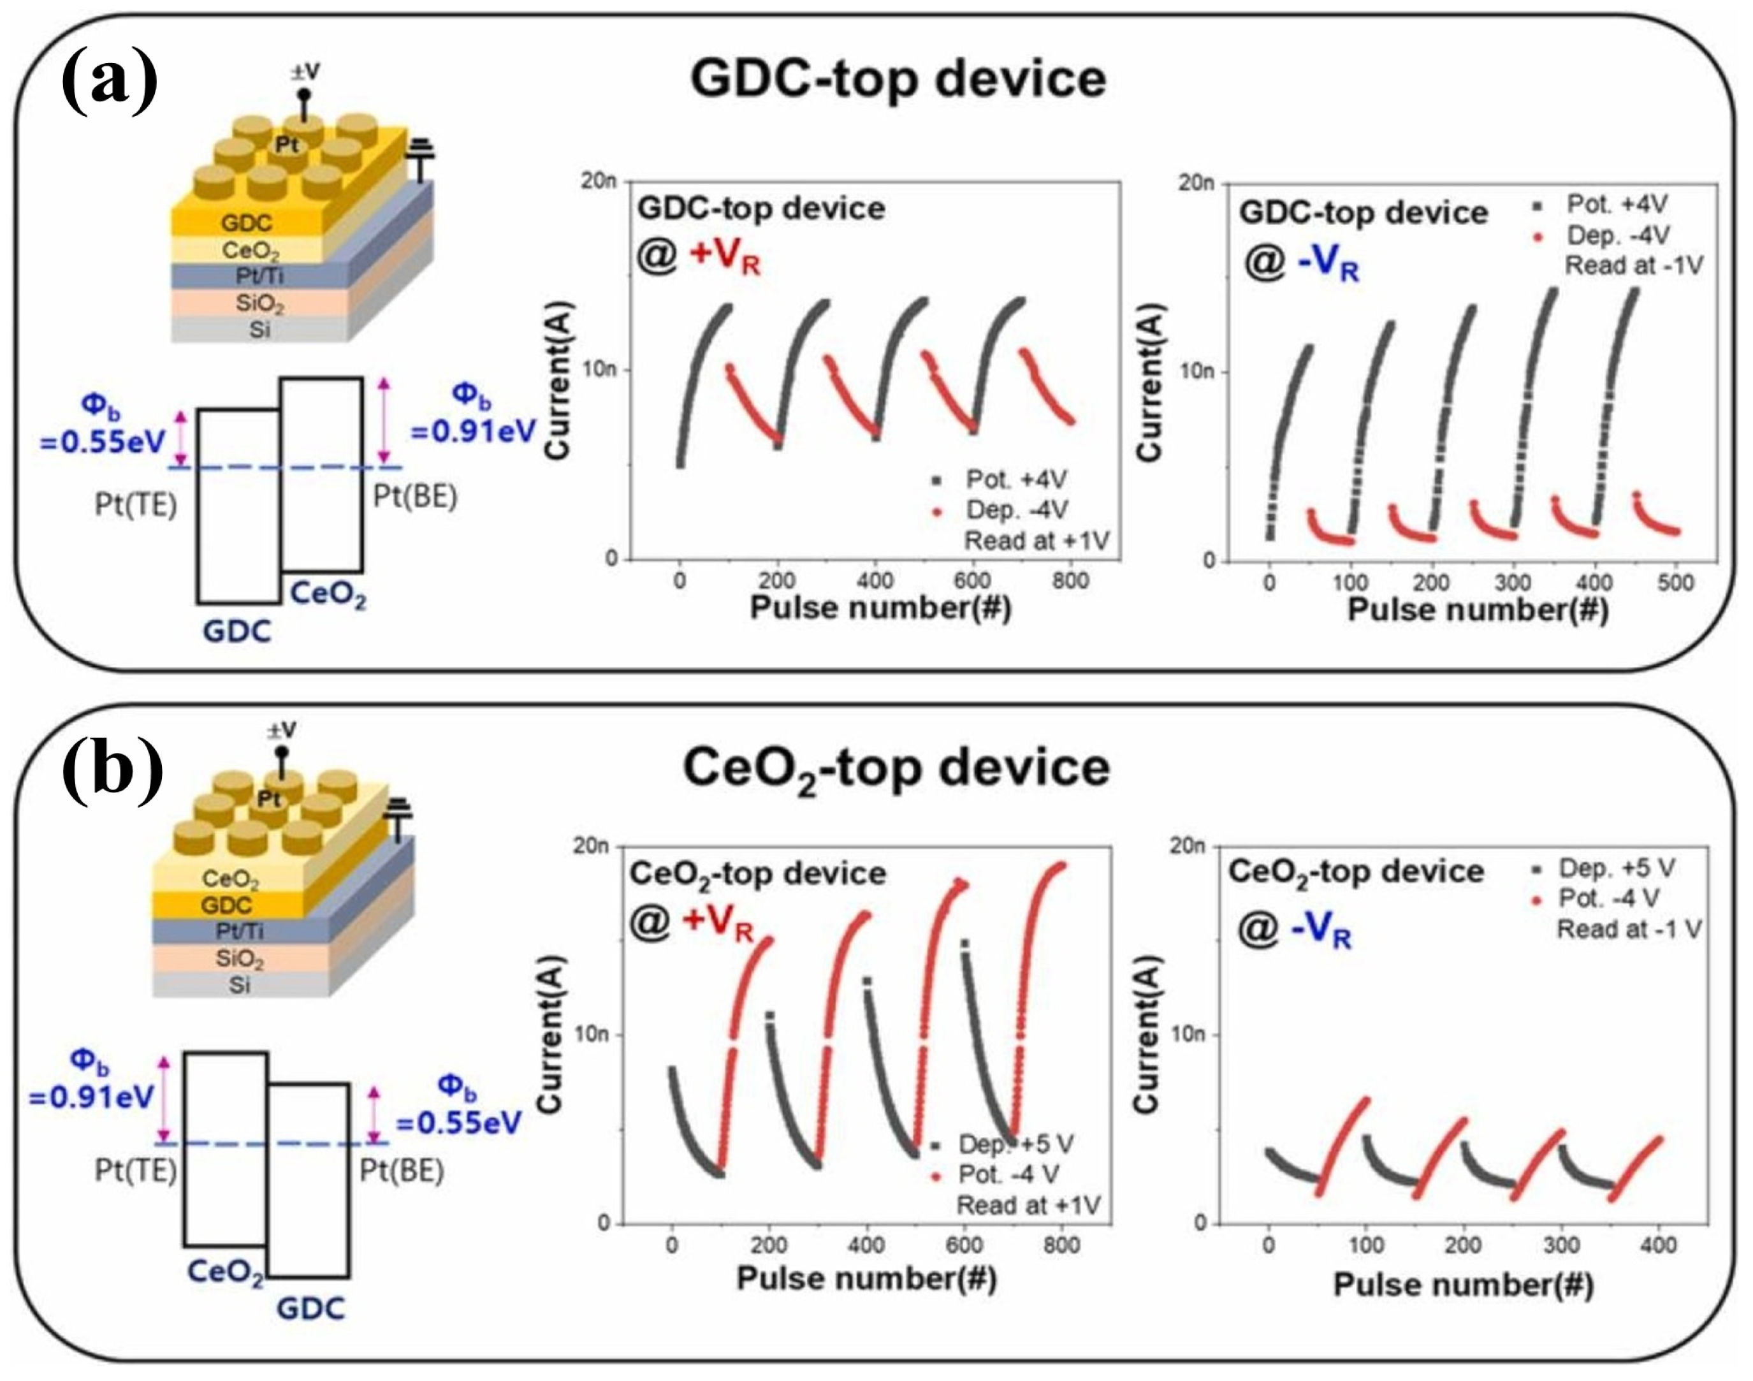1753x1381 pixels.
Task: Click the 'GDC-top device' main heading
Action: [x=897, y=79]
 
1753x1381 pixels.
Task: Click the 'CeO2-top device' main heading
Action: [x=896, y=768]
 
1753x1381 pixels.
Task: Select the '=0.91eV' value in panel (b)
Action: [x=91, y=1097]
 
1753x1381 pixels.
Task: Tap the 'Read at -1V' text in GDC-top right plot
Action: [x=1633, y=265]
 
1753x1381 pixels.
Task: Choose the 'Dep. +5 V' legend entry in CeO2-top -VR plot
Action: [x=1615, y=868]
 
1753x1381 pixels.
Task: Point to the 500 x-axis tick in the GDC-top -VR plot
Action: [x=1675, y=583]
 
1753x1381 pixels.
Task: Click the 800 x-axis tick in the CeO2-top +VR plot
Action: [x=1061, y=1245]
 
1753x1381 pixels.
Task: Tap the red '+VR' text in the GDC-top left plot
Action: [x=725, y=259]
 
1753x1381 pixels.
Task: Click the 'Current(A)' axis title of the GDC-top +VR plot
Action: [x=558, y=380]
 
